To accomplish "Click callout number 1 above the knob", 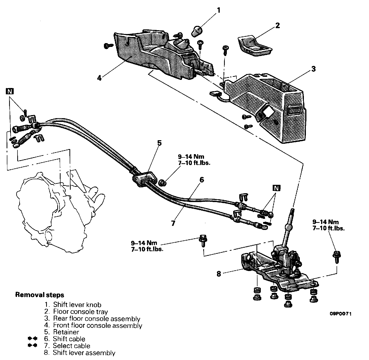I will (218, 10).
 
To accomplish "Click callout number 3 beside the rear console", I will (313, 69).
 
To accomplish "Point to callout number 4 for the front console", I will (99, 78).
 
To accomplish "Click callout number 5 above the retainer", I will (159, 143).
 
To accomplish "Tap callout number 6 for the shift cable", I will (201, 180).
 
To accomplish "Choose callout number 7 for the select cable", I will (173, 223).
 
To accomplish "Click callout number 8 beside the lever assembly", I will (219, 274).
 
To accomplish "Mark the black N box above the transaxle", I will (10, 92).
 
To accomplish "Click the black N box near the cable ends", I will (276, 188).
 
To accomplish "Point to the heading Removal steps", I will (40, 295).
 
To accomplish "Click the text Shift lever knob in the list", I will (77, 305).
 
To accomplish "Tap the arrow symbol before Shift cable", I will (33, 339).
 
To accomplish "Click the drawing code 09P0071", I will (341, 314).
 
